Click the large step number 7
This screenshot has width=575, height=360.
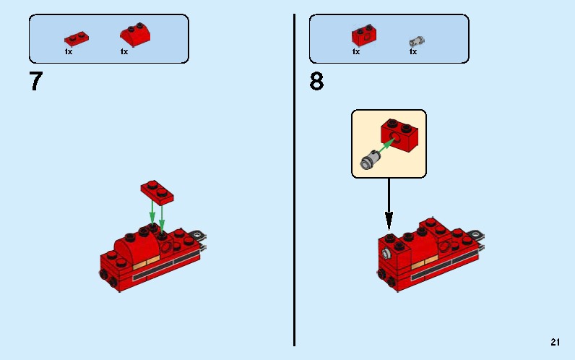35,82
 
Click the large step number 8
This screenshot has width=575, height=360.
316,82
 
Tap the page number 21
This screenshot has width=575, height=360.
555,343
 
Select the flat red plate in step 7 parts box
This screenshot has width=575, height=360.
76,38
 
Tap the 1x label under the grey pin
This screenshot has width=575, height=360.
413,52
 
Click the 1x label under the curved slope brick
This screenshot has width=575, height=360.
124,52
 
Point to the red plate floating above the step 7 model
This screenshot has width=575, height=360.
157,191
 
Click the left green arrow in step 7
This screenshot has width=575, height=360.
152,211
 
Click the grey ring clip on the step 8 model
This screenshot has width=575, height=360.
476,235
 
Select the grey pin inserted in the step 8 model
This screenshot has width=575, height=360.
389,254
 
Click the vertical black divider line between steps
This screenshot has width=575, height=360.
294,181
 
